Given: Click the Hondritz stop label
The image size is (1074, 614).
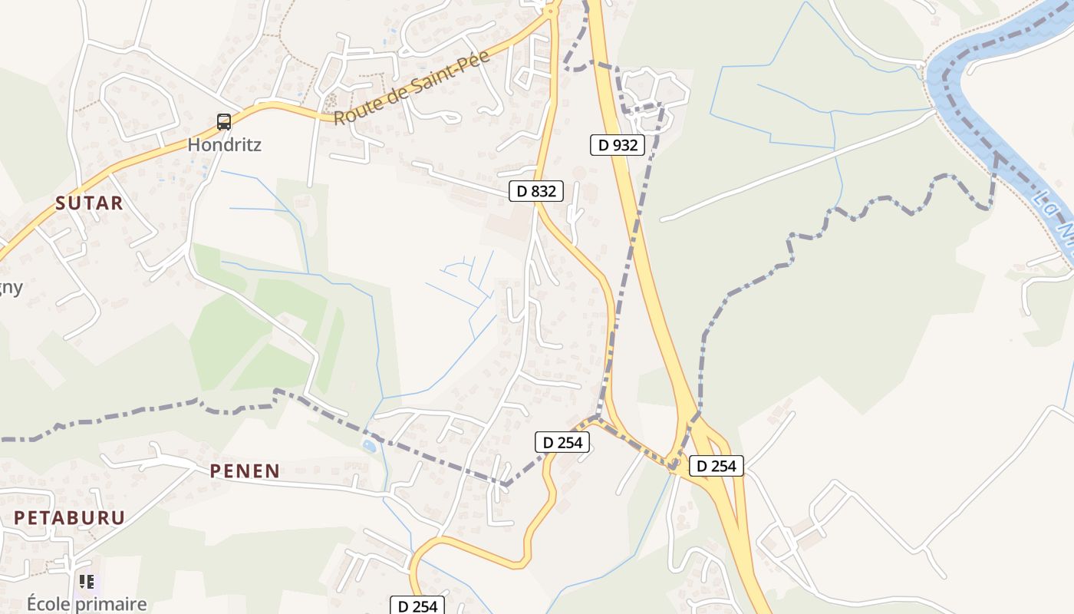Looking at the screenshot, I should pyautogui.click(x=224, y=144).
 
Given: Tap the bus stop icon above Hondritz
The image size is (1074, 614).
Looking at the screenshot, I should pyautogui.click(x=223, y=121).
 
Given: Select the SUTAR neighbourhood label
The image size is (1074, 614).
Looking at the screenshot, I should pyautogui.click(x=89, y=203).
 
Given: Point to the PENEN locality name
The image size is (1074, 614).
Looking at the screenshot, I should pyautogui.click(x=245, y=470).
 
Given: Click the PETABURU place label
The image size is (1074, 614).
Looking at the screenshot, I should pyautogui.click(x=69, y=517).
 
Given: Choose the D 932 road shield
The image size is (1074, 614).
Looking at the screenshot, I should pyautogui.click(x=617, y=144).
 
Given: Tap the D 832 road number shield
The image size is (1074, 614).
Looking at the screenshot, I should pyautogui.click(x=536, y=191).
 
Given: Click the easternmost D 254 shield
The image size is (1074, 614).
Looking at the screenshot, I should pyautogui.click(x=716, y=465).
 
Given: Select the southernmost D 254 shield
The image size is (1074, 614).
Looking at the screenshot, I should pyautogui.click(x=418, y=606).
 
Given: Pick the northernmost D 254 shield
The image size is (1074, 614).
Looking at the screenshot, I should pyautogui.click(x=562, y=442).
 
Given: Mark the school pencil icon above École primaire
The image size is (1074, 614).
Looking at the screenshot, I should pyautogui.click(x=87, y=582).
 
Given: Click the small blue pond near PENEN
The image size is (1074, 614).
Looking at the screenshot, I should pyautogui.click(x=369, y=445).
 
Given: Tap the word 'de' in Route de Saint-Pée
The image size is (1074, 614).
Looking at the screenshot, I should pyautogui.click(x=399, y=94).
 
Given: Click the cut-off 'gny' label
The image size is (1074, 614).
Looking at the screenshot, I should pyautogui.click(x=11, y=288).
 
